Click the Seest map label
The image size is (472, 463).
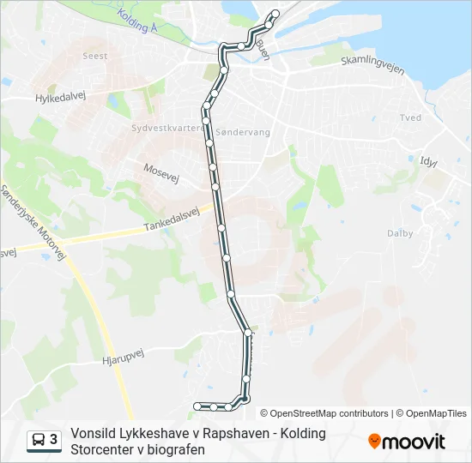(95, 56)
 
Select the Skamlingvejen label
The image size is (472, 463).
(372, 66)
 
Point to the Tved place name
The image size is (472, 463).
(410, 117)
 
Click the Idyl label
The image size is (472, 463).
(428, 160)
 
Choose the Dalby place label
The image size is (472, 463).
(400, 233)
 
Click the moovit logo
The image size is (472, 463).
(407, 442)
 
